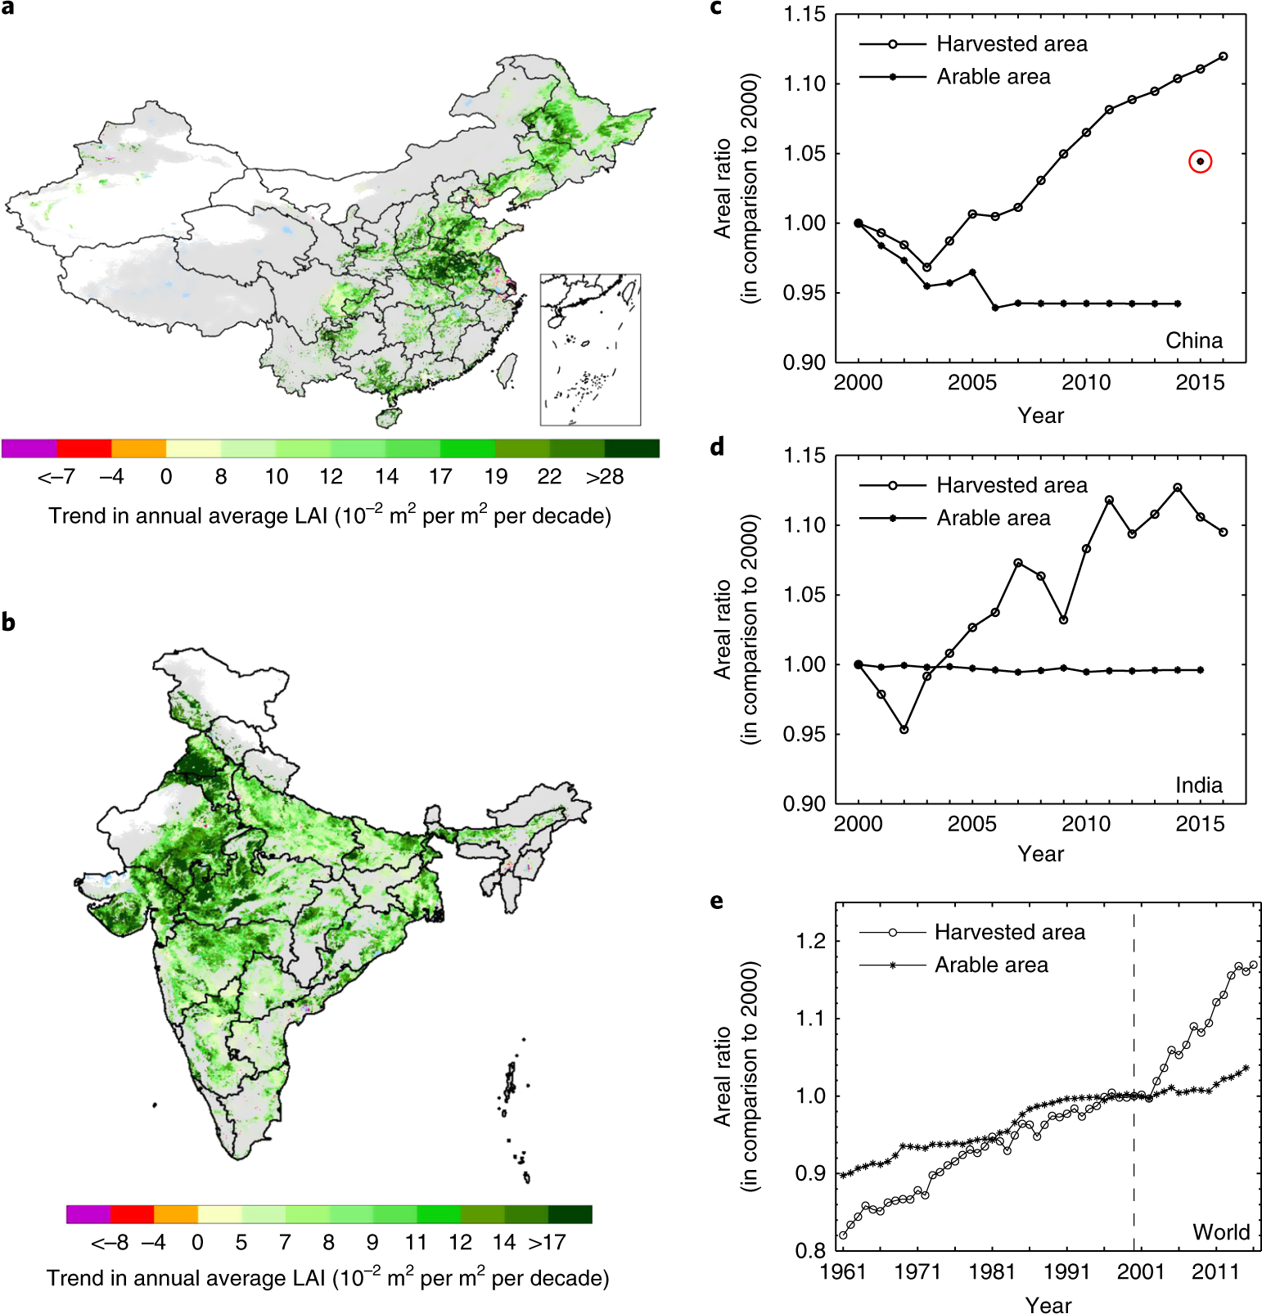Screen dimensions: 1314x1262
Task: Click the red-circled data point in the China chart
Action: [x=1200, y=161]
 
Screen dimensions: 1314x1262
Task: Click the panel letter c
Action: [x=716, y=8]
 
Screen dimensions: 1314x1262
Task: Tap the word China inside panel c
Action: [x=1193, y=340]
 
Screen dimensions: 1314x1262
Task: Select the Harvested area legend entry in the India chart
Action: [x=1012, y=485]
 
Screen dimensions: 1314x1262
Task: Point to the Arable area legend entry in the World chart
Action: [x=991, y=965]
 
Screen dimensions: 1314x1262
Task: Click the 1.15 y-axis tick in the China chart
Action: [x=805, y=15]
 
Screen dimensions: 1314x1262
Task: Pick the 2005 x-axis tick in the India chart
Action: [x=971, y=823]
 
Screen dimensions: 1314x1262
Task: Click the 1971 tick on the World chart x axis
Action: [x=917, y=1271]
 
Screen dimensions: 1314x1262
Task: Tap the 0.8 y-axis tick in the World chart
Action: [x=810, y=1250]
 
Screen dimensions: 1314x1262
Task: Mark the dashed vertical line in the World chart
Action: [x=1134, y=1064]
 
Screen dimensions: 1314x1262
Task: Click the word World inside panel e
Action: [x=1220, y=1232]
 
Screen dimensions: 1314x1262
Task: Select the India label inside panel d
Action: [x=1198, y=785]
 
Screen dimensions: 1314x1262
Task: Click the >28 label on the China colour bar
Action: [x=605, y=477]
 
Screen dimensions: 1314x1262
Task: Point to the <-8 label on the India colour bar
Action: [x=110, y=1243]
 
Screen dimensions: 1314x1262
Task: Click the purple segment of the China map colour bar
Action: [x=29, y=448]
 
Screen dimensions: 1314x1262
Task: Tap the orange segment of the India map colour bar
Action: [x=176, y=1214]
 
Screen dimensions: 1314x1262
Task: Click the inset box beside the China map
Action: [x=590, y=349]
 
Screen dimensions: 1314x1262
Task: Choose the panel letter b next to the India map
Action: [x=8, y=623]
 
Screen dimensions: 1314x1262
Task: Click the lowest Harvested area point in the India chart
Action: [x=904, y=729]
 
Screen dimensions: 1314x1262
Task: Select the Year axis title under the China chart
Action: [x=1040, y=416]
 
